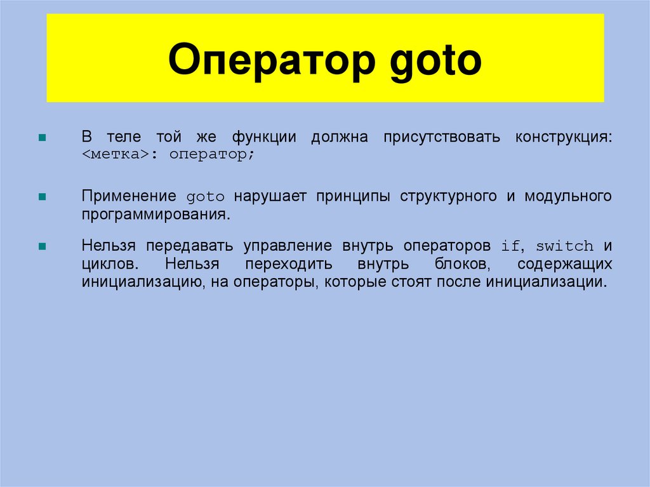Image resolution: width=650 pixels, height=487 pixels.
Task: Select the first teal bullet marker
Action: pos(43,138)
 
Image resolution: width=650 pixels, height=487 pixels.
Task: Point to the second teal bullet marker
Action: pos(43,197)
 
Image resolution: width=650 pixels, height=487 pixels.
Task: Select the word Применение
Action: pos(129,196)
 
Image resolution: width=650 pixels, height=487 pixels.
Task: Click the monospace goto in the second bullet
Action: pos(205,197)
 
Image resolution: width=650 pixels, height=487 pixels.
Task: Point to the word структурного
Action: pos(448,196)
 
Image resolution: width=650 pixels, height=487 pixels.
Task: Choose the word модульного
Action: pos(568,196)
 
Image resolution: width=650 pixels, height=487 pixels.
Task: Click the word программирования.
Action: pos(154,215)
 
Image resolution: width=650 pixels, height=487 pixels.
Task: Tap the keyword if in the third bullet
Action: pos(510,246)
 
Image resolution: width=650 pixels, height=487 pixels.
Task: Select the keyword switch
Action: pos(564,246)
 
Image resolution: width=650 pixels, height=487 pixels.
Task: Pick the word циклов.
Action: pos(106,264)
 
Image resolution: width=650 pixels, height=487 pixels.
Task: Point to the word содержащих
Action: pos(564,264)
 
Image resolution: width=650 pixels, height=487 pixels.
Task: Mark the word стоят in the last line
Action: pos(411,281)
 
